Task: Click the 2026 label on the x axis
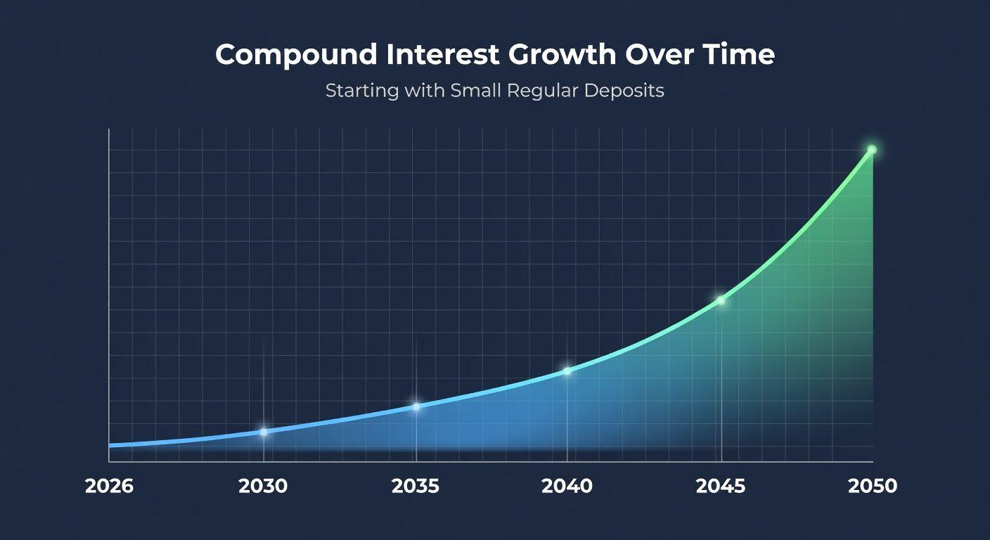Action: tap(109, 486)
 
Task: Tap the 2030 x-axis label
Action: tap(263, 486)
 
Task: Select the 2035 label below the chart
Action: tap(416, 486)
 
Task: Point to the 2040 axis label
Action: tap(567, 486)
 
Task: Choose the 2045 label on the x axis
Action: tap(721, 486)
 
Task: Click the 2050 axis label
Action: tap(873, 486)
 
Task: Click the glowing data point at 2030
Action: tap(264, 432)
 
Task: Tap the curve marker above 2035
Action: tap(416, 406)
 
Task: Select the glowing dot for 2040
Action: tap(567, 371)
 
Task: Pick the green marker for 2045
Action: tap(721, 300)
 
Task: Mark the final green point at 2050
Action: tap(872, 150)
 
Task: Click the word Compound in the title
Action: tap(296, 56)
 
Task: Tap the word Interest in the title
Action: tap(443, 54)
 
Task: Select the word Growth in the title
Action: tap(562, 54)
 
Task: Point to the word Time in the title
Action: tap(735, 54)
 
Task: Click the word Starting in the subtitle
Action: tap(362, 91)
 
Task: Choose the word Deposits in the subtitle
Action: tap(624, 91)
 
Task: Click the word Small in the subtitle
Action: tap(475, 90)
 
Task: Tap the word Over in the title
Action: tap(655, 54)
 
